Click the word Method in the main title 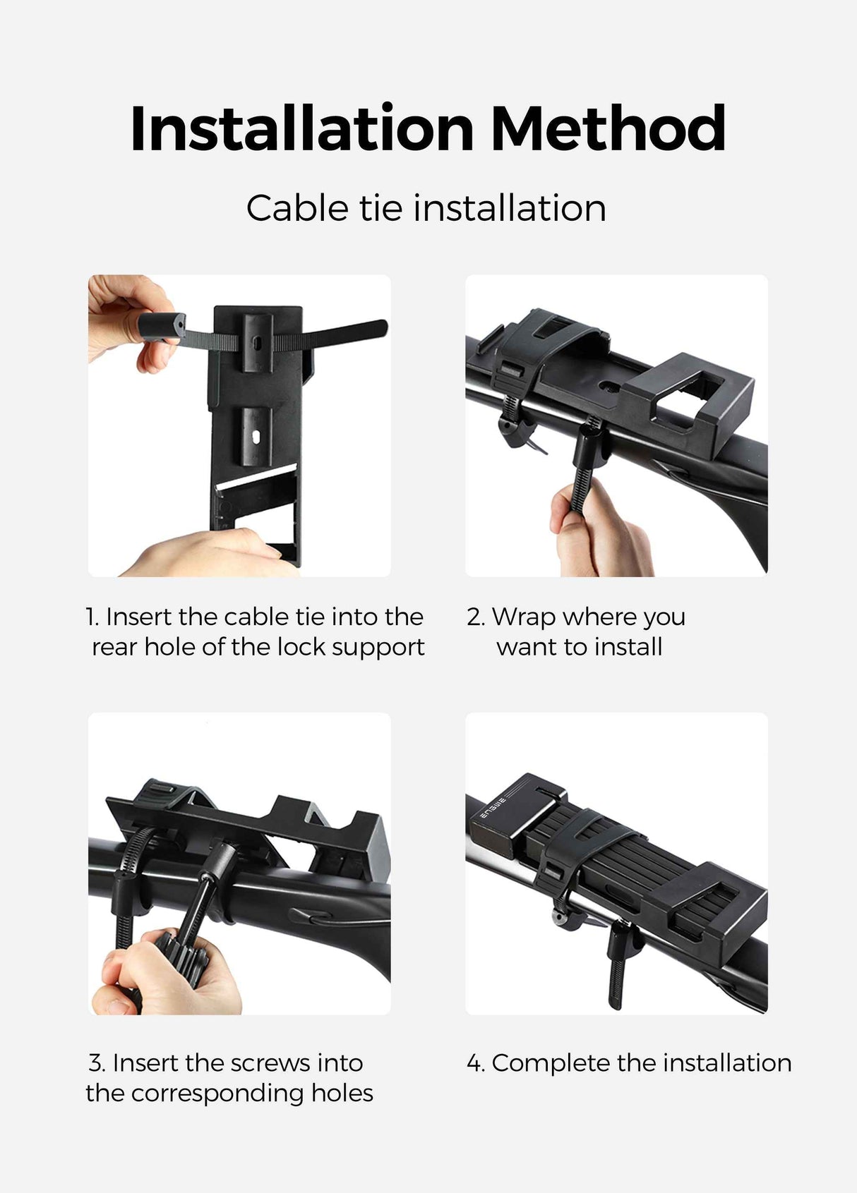point(608,128)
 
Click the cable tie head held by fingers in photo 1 point(161,327)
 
